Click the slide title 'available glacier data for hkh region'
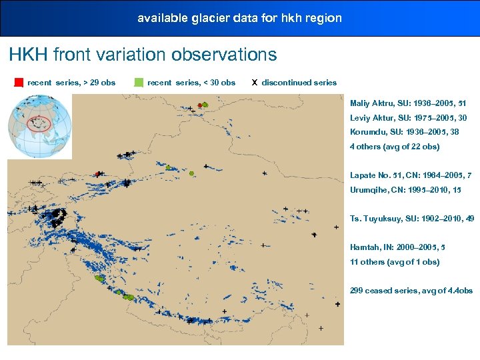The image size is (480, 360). pos(239,18)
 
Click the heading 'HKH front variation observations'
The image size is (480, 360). pos(143,54)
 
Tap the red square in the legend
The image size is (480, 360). pos(19,83)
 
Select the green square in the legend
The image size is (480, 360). pos(139,83)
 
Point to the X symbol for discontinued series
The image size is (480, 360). pos(255,83)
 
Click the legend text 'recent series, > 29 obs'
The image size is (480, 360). pos(71,83)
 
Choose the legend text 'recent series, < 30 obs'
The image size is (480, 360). pos(191,83)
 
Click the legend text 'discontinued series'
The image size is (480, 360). pos(299,83)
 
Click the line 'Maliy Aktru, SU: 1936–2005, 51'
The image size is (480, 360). pos(408,103)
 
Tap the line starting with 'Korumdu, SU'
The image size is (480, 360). pos(405,132)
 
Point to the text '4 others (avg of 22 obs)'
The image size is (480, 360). pos(395,147)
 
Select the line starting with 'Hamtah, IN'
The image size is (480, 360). pos(397,247)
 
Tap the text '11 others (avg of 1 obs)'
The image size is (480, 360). pos(395,262)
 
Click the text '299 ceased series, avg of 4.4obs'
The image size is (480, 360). pos(411,291)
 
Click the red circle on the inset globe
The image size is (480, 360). pos(41,124)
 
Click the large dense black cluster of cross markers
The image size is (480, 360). pos(56,217)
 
